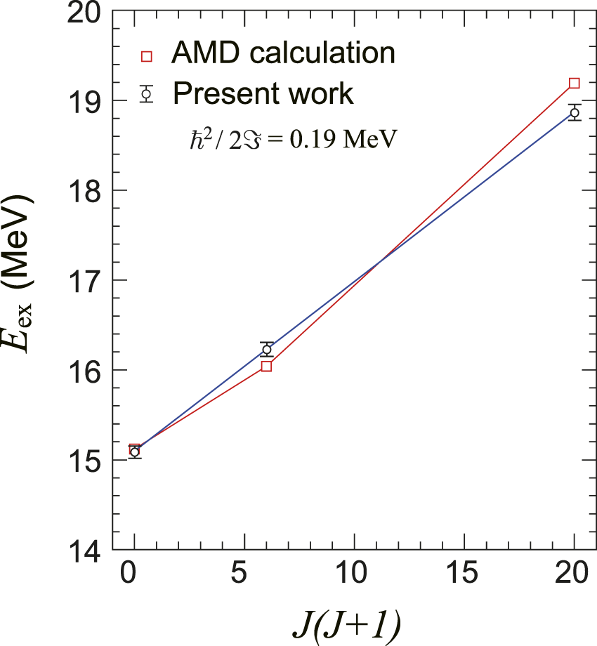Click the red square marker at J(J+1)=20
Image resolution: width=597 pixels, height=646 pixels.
point(574,84)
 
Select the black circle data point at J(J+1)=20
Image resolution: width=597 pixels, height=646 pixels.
point(574,113)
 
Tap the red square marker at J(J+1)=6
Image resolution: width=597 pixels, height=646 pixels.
point(266,366)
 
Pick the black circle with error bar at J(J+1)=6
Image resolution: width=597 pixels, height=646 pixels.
point(266,350)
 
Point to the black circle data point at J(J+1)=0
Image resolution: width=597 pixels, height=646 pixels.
point(134,452)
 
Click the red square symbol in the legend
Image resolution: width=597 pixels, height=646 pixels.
point(146,56)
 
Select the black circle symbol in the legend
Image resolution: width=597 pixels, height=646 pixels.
point(146,93)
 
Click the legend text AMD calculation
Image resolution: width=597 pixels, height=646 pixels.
point(284,53)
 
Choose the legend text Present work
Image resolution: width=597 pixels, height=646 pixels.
point(263,93)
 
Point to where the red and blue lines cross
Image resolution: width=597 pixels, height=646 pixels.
point(380,263)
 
